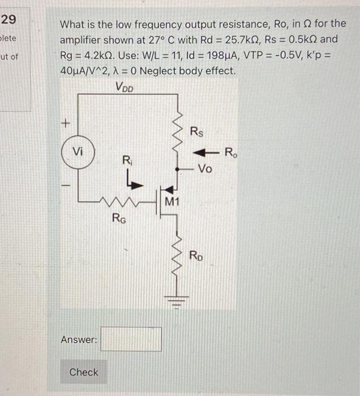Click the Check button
click(84, 372)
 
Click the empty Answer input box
click(131, 339)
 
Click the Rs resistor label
click(196, 133)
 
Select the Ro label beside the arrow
click(232, 152)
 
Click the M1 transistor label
click(173, 201)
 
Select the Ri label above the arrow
click(127, 161)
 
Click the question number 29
click(8, 20)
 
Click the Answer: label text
click(79, 339)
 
